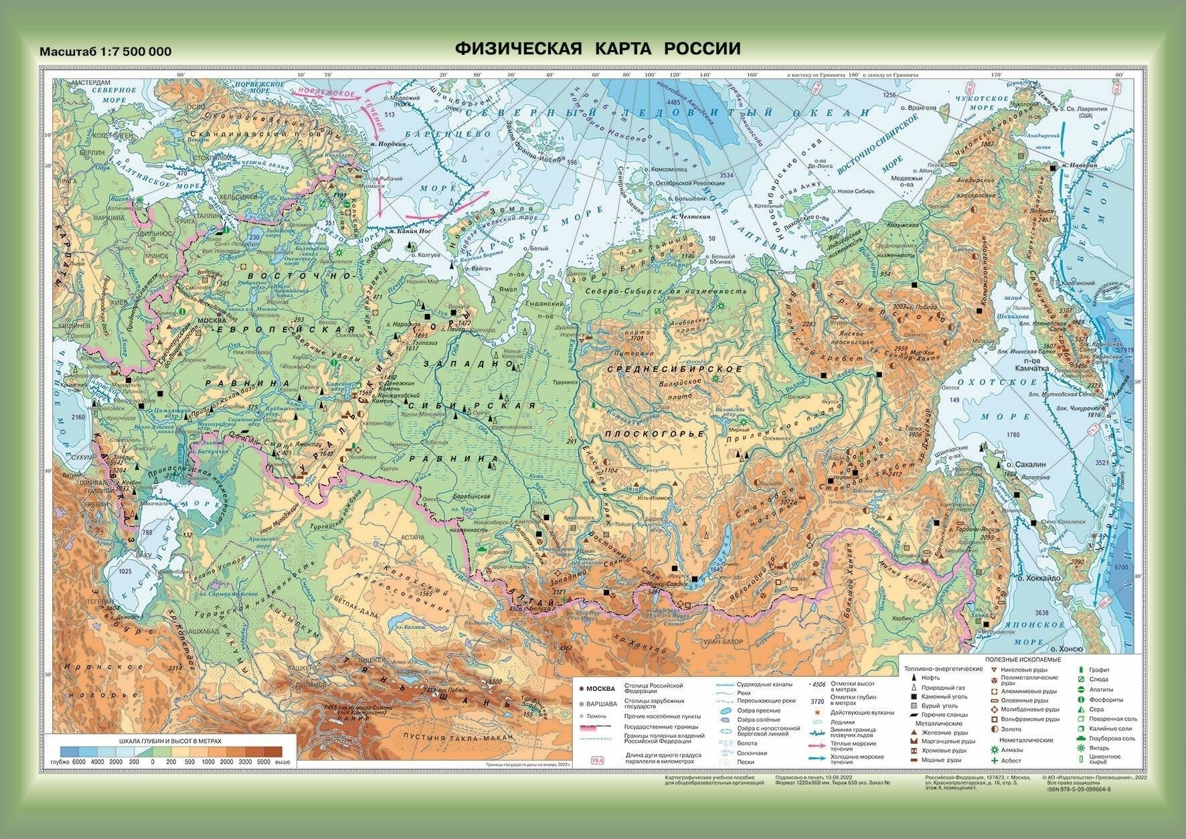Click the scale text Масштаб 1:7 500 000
106,52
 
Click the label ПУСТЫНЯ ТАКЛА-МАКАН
456,737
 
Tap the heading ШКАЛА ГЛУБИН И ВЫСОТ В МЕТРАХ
169,742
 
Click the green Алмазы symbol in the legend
995,751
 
